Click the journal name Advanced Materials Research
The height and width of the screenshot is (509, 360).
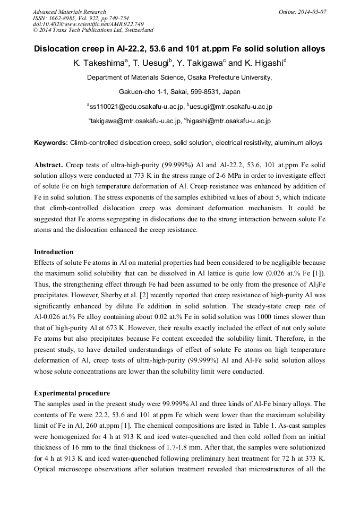click(69, 12)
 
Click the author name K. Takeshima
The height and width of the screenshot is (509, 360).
click(99, 63)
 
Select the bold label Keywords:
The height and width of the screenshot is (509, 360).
click(51, 143)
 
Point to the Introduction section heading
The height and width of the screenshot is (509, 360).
click(54, 252)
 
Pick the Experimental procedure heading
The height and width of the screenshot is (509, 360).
click(72, 393)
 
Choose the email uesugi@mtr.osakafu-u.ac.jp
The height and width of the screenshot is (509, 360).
click(232, 107)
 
